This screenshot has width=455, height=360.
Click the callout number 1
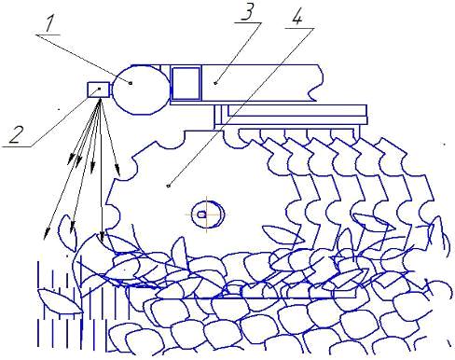pos(48,23)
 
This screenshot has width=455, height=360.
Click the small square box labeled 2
pos(99,90)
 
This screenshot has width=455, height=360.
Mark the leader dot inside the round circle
pos(131,83)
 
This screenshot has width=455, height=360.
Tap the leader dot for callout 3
pos(215,83)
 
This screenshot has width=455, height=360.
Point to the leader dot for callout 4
pos(168,186)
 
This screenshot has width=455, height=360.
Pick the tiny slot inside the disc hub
pos(202,215)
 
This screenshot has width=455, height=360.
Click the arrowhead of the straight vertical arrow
pos(102,237)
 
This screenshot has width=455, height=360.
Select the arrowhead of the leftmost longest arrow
pos(47,234)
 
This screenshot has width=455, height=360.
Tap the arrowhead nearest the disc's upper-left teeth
pos(117,168)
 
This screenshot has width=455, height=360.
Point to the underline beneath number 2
pos(17,146)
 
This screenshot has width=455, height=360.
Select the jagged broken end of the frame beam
pos(314,83)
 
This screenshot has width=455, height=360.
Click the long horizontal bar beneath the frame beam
pos(296,110)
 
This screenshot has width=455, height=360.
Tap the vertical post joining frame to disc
pos(218,117)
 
